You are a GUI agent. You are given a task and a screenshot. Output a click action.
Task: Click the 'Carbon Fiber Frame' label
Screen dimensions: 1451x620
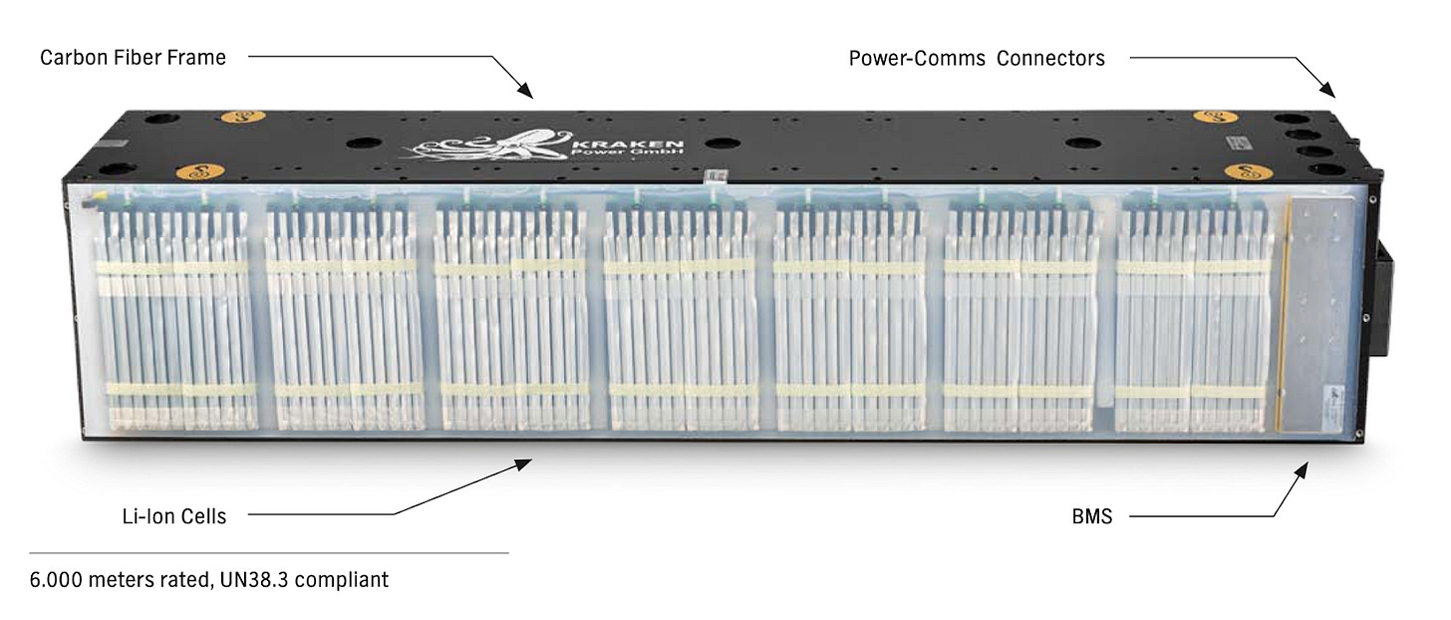click(x=133, y=58)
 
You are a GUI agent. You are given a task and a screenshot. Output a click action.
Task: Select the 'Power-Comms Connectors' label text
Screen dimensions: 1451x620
click(x=977, y=58)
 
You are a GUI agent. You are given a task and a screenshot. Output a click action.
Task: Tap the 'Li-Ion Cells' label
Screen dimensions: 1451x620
click(x=173, y=516)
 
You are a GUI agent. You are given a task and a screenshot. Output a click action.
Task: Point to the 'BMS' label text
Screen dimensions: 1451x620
click(x=1091, y=516)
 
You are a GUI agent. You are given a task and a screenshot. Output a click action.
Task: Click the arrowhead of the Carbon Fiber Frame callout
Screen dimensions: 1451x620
click(x=529, y=95)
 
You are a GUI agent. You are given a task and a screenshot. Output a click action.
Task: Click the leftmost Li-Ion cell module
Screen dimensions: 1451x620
click(x=171, y=317)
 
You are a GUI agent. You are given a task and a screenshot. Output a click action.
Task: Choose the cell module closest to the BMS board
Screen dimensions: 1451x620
click(x=1193, y=317)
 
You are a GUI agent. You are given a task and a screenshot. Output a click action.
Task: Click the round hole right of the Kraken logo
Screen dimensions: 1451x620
click(x=723, y=143)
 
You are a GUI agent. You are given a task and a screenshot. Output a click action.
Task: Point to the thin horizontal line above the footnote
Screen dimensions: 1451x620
click(x=269, y=552)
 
